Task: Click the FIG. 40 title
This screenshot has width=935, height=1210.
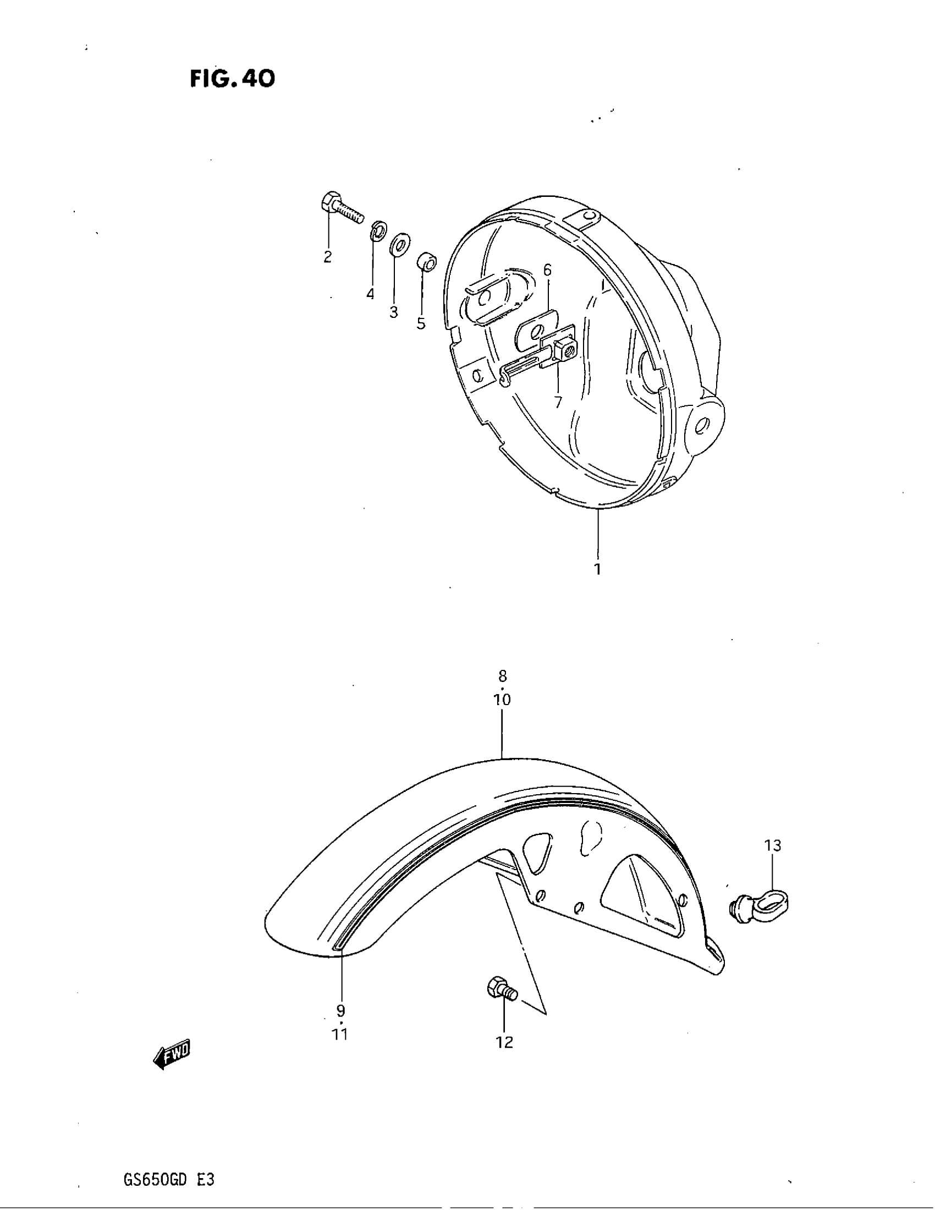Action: coord(232,79)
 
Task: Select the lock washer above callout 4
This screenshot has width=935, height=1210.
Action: coord(378,230)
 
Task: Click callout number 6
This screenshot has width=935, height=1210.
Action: coord(547,271)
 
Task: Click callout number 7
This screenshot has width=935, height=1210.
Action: coord(557,402)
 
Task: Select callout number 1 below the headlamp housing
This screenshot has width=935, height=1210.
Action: coord(598,569)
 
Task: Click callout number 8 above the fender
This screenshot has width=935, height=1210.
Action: coord(502,676)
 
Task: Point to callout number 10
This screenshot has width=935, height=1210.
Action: coord(502,700)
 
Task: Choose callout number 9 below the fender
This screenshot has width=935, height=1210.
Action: coord(340,1010)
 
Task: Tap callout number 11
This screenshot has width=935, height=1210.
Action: coord(339,1034)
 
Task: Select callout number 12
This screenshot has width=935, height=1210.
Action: coord(504,1042)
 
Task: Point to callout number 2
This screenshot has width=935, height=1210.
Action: coord(327,257)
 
